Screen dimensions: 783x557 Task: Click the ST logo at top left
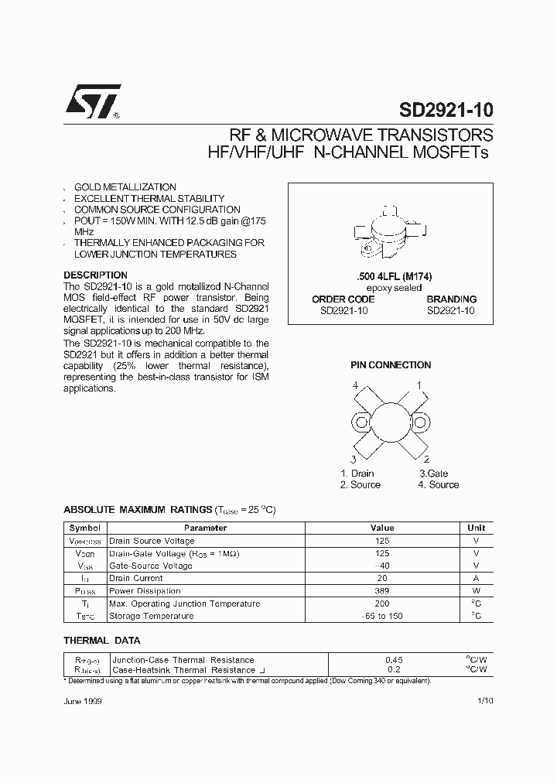pyautogui.click(x=92, y=101)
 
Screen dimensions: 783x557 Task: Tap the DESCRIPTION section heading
pyautogui.click(x=95, y=275)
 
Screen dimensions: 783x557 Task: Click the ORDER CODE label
pyautogui.click(x=343, y=299)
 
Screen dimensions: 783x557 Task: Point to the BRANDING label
pyautogui.click(x=451, y=299)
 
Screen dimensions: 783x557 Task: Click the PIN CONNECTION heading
pyautogui.click(x=391, y=365)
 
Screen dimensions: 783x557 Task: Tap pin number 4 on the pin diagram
pyautogui.click(x=355, y=385)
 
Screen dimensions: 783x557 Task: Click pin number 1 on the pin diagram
pyautogui.click(x=419, y=385)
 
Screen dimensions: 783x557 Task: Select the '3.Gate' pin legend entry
pyautogui.click(x=434, y=474)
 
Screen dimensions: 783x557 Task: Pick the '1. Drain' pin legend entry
pyautogui.click(x=357, y=474)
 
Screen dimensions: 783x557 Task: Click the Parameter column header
pyautogui.click(x=206, y=528)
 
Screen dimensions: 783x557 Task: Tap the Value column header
pyautogui.click(x=382, y=528)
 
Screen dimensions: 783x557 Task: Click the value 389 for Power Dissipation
pyautogui.click(x=382, y=591)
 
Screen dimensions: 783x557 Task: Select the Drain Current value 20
pyautogui.click(x=382, y=578)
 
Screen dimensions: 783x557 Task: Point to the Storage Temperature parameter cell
pyautogui.click(x=151, y=616)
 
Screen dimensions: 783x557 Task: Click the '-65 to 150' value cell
pyautogui.click(x=382, y=616)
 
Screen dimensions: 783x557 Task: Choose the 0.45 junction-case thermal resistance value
pyautogui.click(x=394, y=660)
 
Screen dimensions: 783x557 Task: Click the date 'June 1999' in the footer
pyautogui.click(x=83, y=700)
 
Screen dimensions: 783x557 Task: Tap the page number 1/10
pyautogui.click(x=485, y=700)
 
